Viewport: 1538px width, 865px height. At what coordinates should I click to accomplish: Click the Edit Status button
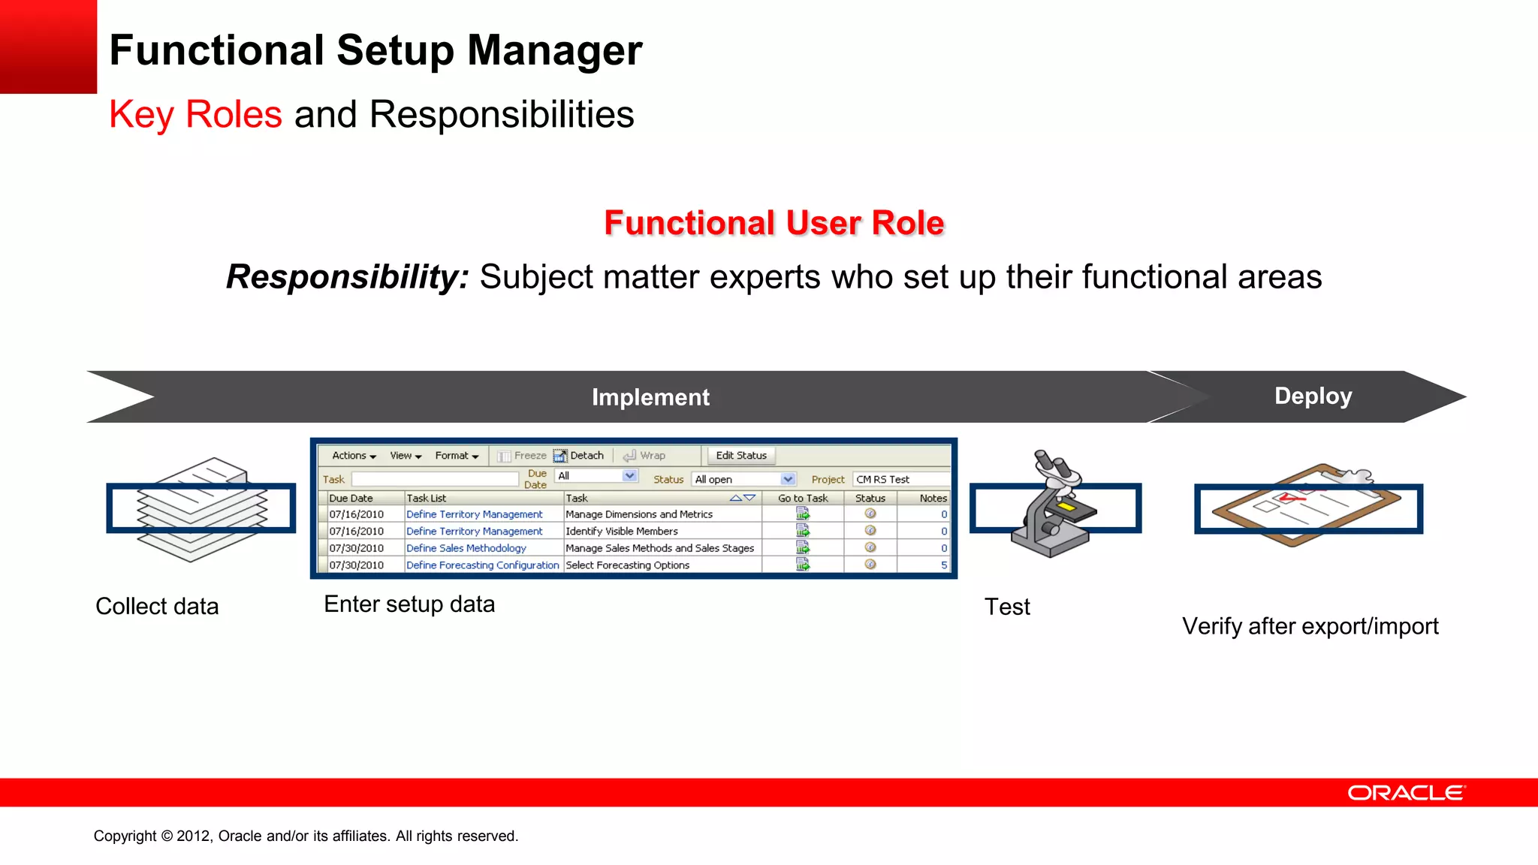pyautogui.click(x=740, y=455)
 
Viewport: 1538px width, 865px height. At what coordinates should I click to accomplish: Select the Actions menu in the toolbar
pyautogui.click(x=354, y=455)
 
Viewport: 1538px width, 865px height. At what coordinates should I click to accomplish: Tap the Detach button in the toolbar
pyautogui.click(x=579, y=455)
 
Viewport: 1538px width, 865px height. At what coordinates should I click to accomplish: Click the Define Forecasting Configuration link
pyautogui.click(x=482, y=565)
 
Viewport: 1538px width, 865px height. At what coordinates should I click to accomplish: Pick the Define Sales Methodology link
pyautogui.click(x=466, y=548)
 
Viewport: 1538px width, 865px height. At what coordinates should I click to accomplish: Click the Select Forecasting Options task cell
pyautogui.click(x=627, y=565)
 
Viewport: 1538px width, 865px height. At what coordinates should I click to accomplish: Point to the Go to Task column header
pyautogui.click(x=802, y=498)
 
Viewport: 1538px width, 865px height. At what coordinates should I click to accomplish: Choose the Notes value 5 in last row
pyautogui.click(x=943, y=565)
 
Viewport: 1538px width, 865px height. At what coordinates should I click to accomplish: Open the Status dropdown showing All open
pyautogui.click(x=743, y=479)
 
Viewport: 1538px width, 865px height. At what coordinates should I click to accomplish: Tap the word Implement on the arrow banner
pyautogui.click(x=650, y=397)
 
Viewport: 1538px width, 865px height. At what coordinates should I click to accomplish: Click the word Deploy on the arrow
pyautogui.click(x=1313, y=396)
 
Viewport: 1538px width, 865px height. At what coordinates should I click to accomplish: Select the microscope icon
pyautogui.click(x=1053, y=505)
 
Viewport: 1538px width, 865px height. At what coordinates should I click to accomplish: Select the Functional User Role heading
pyautogui.click(x=774, y=223)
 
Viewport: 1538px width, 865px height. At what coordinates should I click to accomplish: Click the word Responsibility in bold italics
pyautogui.click(x=347, y=277)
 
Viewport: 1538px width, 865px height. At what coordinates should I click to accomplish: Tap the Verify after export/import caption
pyautogui.click(x=1310, y=626)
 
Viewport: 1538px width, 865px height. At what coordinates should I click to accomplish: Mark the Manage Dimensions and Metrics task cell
pyautogui.click(x=638, y=514)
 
